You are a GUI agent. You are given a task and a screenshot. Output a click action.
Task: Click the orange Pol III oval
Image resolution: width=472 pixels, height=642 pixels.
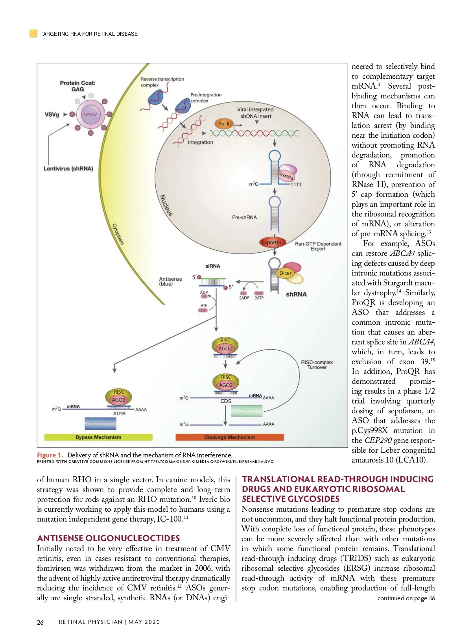point(224,124)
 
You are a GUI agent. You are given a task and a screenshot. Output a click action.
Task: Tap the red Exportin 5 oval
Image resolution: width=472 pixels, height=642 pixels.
point(273,242)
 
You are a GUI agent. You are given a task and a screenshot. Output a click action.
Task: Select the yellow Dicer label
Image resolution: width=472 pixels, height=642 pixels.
point(286,273)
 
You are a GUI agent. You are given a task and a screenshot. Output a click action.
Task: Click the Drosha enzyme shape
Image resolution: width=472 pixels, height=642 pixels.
point(286,174)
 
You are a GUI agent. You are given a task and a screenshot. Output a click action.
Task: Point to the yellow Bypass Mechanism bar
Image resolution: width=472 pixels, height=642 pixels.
point(98,437)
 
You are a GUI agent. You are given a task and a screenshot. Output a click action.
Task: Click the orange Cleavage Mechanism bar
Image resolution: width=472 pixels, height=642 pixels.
point(229,437)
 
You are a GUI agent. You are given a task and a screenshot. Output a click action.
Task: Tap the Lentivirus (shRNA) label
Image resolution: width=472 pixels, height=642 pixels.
point(68,169)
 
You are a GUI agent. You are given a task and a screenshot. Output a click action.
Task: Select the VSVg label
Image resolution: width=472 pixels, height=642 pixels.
point(52,115)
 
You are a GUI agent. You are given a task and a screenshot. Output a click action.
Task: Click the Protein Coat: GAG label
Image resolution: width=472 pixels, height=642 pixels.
point(77,86)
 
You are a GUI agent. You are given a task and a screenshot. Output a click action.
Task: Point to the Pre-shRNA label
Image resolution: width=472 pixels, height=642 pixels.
point(244,217)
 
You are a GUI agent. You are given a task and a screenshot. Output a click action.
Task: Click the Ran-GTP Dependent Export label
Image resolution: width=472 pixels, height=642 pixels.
point(318,246)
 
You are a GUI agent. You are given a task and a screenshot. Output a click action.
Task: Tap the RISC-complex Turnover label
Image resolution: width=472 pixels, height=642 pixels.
point(317,364)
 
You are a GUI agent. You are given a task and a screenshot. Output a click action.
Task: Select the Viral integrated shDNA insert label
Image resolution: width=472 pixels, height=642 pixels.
point(256,113)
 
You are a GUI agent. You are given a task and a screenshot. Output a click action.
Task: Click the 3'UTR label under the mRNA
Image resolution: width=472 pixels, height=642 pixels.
point(119,414)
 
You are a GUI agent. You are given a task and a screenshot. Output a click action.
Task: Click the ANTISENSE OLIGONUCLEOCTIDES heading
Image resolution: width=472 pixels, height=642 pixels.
point(109,538)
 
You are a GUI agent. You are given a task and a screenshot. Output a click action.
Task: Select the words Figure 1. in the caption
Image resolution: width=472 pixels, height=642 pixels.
point(50,455)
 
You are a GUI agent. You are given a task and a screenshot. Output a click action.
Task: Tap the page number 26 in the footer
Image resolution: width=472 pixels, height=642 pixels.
point(40,622)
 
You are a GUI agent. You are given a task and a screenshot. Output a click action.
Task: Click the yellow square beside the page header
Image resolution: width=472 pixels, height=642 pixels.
point(33,33)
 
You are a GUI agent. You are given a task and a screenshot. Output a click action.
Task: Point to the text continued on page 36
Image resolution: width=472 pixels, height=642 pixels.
point(406,598)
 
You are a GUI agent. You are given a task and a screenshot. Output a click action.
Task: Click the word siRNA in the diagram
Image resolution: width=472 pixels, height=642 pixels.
point(213,266)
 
